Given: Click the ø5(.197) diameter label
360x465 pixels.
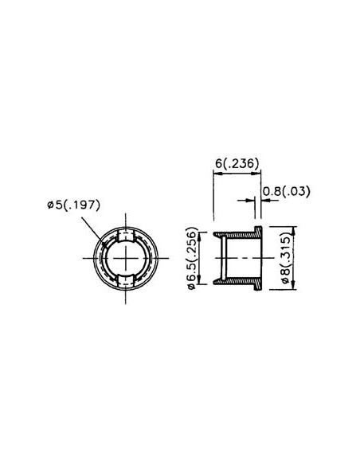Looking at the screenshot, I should tap(73, 205).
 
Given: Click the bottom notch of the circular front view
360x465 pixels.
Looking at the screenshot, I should tap(126, 280).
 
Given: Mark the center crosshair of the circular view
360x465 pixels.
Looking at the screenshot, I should tap(126, 258).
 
